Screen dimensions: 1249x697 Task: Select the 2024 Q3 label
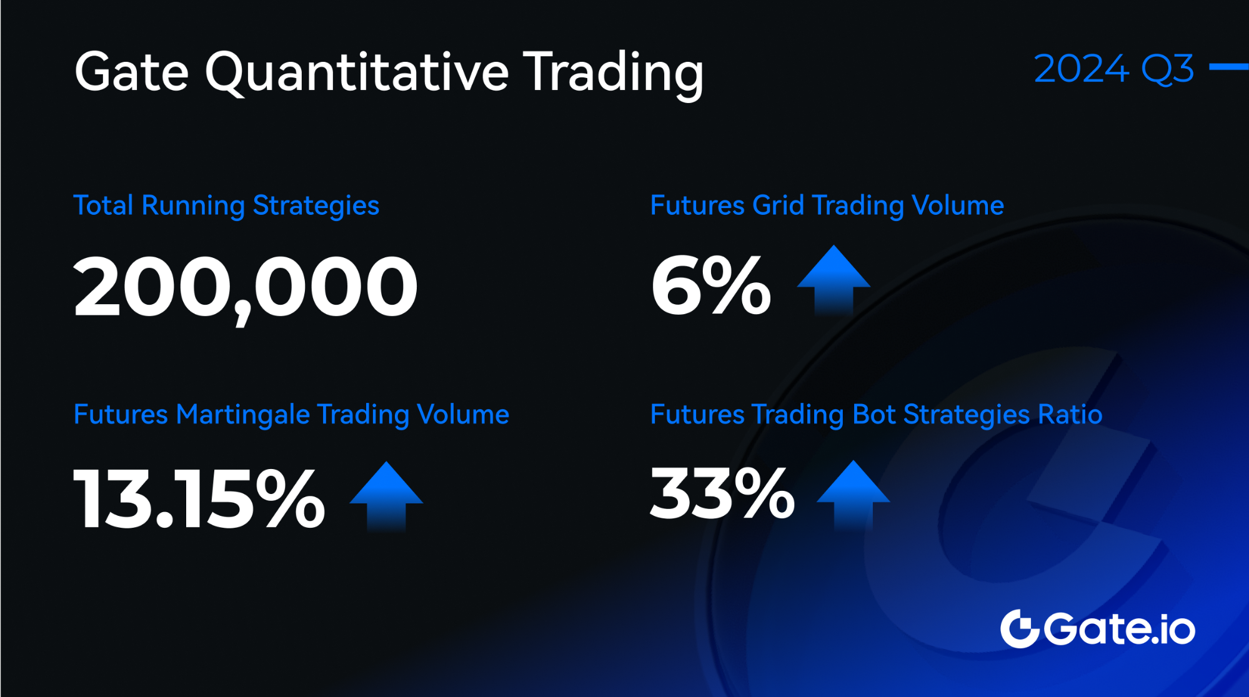point(1113,68)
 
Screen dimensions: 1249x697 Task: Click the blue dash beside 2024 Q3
point(1229,66)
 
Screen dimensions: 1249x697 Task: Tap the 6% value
point(711,286)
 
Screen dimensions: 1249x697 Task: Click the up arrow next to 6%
point(833,280)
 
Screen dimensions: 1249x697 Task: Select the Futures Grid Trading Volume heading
point(827,206)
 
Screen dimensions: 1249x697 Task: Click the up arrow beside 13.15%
point(386,496)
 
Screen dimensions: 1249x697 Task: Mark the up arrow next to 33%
point(853,495)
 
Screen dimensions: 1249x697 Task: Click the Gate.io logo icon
point(1019,628)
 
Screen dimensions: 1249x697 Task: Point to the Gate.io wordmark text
point(1119,628)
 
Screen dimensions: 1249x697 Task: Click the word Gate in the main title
point(131,72)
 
